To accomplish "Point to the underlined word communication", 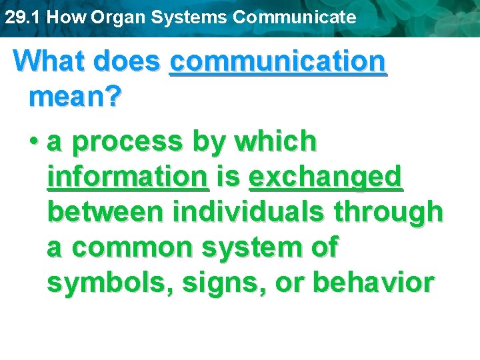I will coord(278,61).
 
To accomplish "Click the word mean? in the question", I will coord(75,97).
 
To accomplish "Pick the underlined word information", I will coord(128,177).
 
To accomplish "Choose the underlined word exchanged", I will coord(325,177).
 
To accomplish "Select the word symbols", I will coord(99,283).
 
